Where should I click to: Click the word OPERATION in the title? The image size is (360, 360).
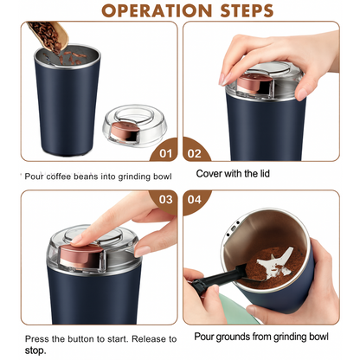pyautogui.click(x=157, y=10)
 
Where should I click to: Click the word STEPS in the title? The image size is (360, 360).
pyautogui.click(x=247, y=10)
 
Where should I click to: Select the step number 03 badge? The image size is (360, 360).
pyautogui.click(x=165, y=199)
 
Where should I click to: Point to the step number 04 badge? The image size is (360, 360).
pyautogui.click(x=194, y=199)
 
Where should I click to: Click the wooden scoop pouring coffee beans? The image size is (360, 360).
pyautogui.click(x=49, y=36)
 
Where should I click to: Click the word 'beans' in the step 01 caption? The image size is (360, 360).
pyautogui.click(x=86, y=177)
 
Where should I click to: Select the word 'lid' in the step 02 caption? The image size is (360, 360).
pyautogui.click(x=263, y=173)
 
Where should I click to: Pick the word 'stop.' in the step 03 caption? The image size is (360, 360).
pyautogui.click(x=35, y=351)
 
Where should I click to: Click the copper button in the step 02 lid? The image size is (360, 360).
pyautogui.click(x=254, y=83)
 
